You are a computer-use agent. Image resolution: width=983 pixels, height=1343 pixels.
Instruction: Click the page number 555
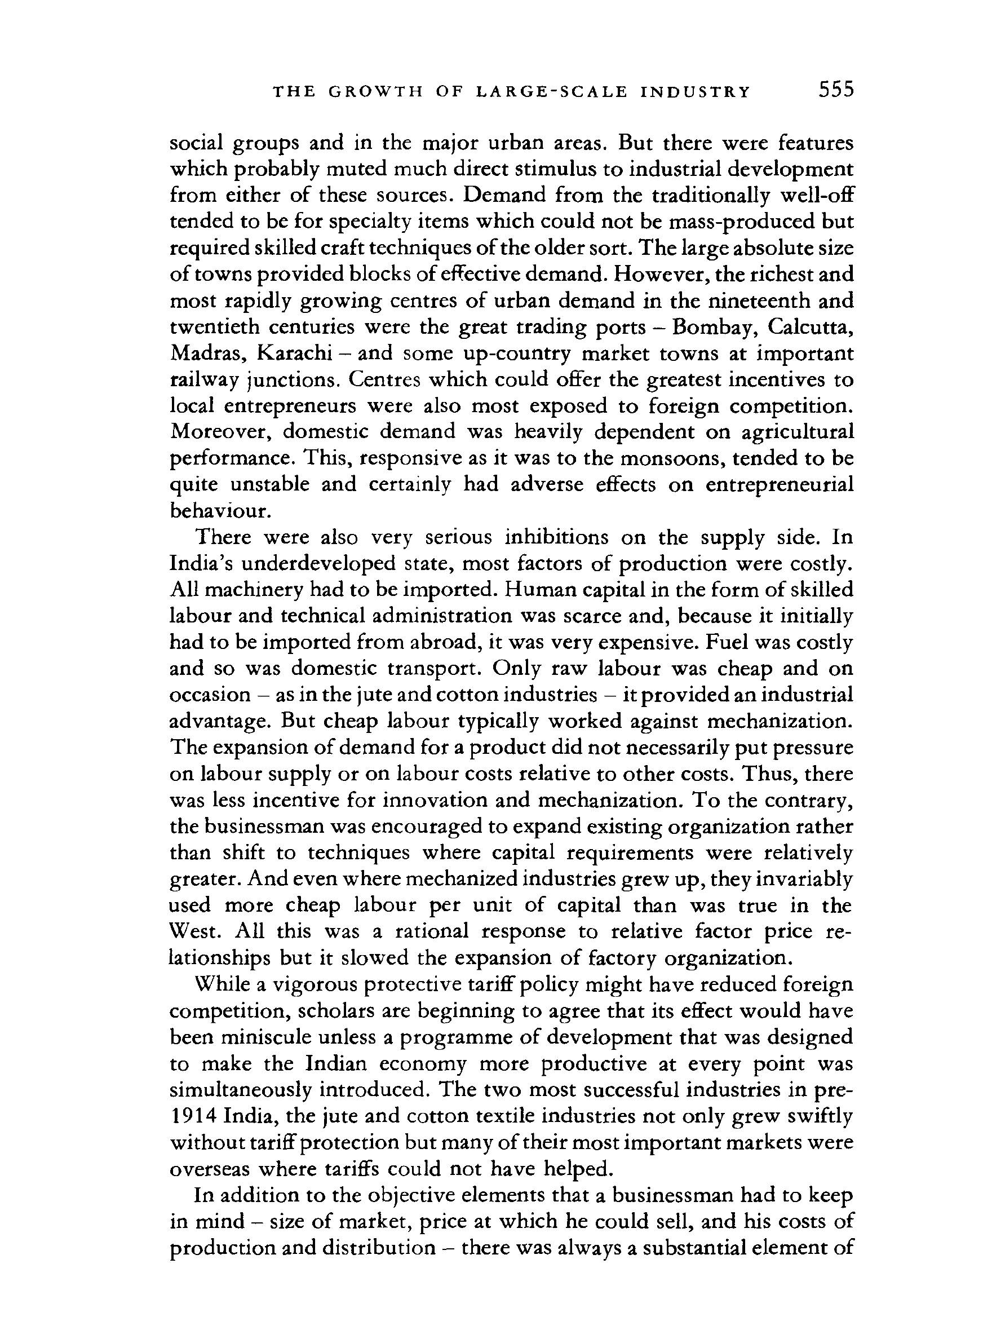[x=835, y=90]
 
